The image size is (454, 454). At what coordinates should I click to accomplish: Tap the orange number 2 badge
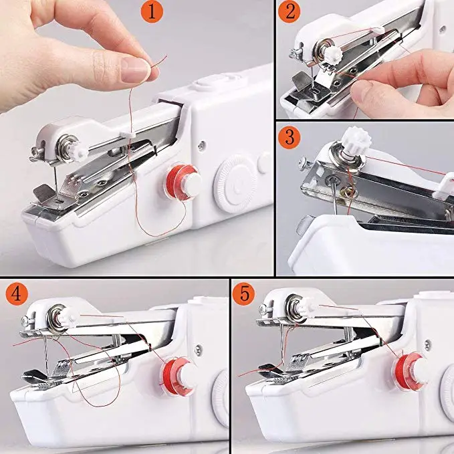pos(292,13)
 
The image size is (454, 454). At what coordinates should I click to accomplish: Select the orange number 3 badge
pos(292,138)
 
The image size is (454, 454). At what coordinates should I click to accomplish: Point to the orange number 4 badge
pos(15,294)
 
